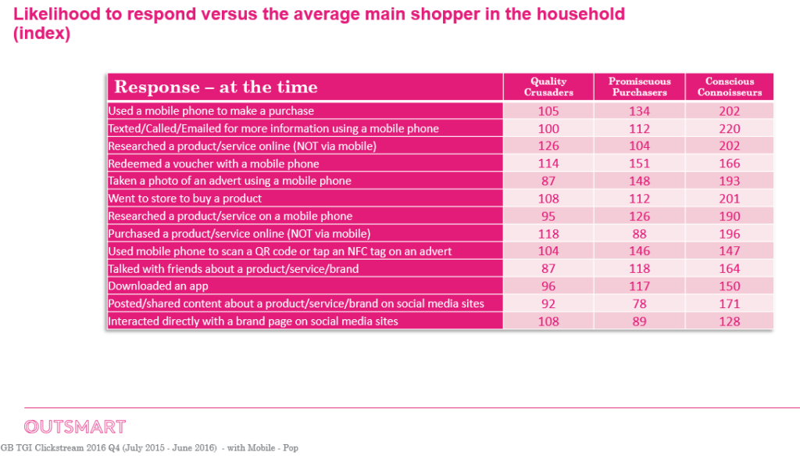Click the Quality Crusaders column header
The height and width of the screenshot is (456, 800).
click(548, 87)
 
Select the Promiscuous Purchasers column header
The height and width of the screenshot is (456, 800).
click(639, 87)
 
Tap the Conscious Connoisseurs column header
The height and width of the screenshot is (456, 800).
click(730, 87)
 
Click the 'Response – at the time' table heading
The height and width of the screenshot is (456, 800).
click(216, 87)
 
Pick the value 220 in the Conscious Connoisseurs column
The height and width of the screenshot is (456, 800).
click(730, 129)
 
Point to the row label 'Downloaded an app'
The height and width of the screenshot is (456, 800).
click(158, 286)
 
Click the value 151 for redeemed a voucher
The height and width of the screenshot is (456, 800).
click(639, 163)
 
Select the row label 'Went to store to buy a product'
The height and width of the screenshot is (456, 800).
click(184, 198)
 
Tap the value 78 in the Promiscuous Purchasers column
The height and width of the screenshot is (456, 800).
click(639, 303)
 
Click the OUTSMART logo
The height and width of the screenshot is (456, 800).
click(75, 426)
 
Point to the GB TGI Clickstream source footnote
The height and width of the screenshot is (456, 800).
click(149, 448)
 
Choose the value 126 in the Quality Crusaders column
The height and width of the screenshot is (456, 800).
click(548, 146)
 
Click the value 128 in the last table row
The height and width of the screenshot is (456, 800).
click(730, 321)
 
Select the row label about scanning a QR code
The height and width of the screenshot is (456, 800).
click(280, 251)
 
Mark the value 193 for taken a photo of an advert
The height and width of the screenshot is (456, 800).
click(730, 181)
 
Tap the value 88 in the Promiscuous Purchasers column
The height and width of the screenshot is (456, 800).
click(639, 234)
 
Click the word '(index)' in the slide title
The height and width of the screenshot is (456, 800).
click(42, 34)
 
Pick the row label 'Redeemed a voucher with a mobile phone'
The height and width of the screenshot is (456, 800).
click(213, 164)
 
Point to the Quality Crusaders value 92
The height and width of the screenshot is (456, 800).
click(548, 303)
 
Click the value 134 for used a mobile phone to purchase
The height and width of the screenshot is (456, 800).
click(639, 111)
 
